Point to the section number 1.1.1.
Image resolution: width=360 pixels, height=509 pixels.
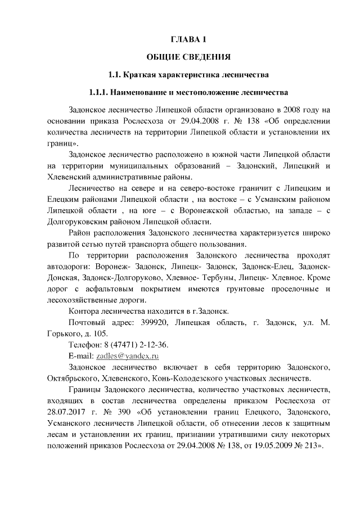[100, 92]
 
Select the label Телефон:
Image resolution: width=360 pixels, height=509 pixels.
[85, 344]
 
